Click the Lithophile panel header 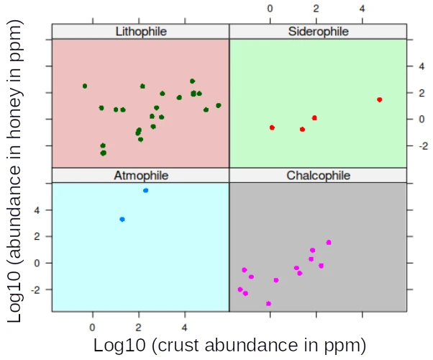point(141,31)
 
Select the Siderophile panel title point(318,31)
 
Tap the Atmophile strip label point(141,175)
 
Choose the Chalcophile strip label point(318,175)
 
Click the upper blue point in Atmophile point(145,190)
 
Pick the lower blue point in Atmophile point(122,219)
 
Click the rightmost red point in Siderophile point(379,99)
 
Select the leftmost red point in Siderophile point(272,127)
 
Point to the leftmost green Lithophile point point(85,86)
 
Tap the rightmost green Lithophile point point(218,105)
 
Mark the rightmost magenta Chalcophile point point(329,242)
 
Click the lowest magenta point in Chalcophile point(268,304)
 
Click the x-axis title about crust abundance point(229,345)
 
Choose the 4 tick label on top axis point(362,9)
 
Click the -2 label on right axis point(424,145)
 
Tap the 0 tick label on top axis point(270,9)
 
